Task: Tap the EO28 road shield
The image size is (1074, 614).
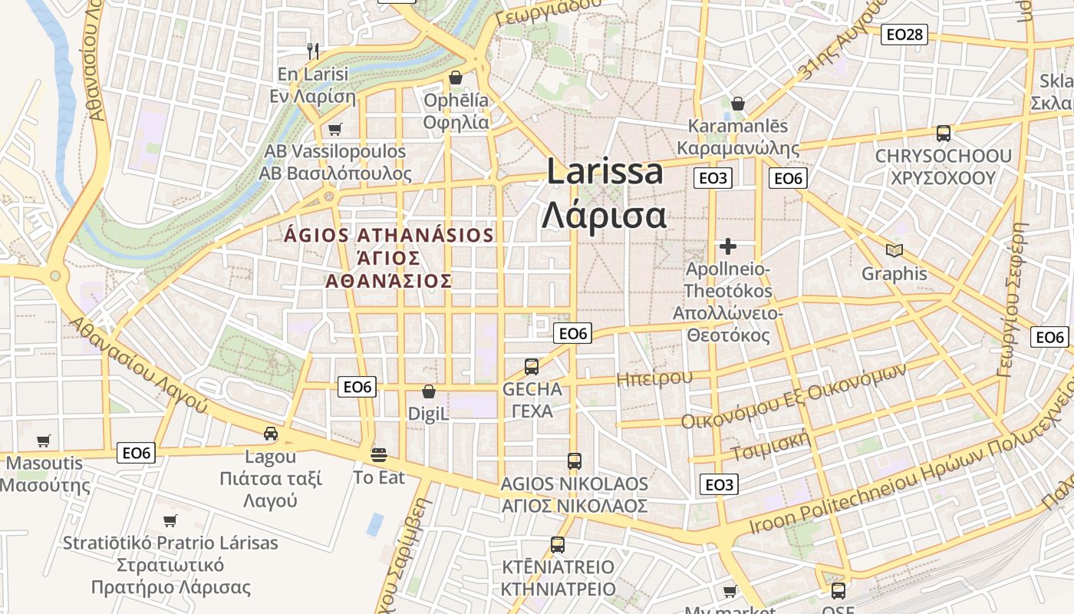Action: point(904,34)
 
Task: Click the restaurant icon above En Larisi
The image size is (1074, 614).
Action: point(312,51)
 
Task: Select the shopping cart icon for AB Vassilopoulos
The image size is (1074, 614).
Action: point(334,129)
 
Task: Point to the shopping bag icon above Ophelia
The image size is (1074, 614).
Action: point(456,78)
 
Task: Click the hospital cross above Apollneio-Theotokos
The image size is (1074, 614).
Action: point(728,246)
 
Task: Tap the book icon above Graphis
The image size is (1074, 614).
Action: point(894,250)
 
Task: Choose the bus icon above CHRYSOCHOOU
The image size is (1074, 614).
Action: point(943,134)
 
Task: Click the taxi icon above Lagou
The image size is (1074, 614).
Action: point(271,434)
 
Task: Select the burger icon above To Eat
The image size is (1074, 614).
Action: point(379,454)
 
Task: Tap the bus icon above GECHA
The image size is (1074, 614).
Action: point(532,366)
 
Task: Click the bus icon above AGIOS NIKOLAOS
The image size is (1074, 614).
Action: point(574,460)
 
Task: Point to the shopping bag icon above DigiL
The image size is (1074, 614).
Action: point(429,391)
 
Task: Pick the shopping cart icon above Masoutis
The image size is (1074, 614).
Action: point(44,441)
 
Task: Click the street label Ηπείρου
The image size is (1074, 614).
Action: point(654,378)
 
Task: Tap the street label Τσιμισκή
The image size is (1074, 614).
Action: point(770,446)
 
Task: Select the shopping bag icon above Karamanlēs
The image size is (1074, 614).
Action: point(738,103)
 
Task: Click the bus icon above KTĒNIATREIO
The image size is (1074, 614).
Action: point(558,545)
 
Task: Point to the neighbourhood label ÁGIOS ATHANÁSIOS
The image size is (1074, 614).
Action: point(389,235)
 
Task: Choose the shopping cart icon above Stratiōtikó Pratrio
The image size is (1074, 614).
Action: point(170,520)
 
